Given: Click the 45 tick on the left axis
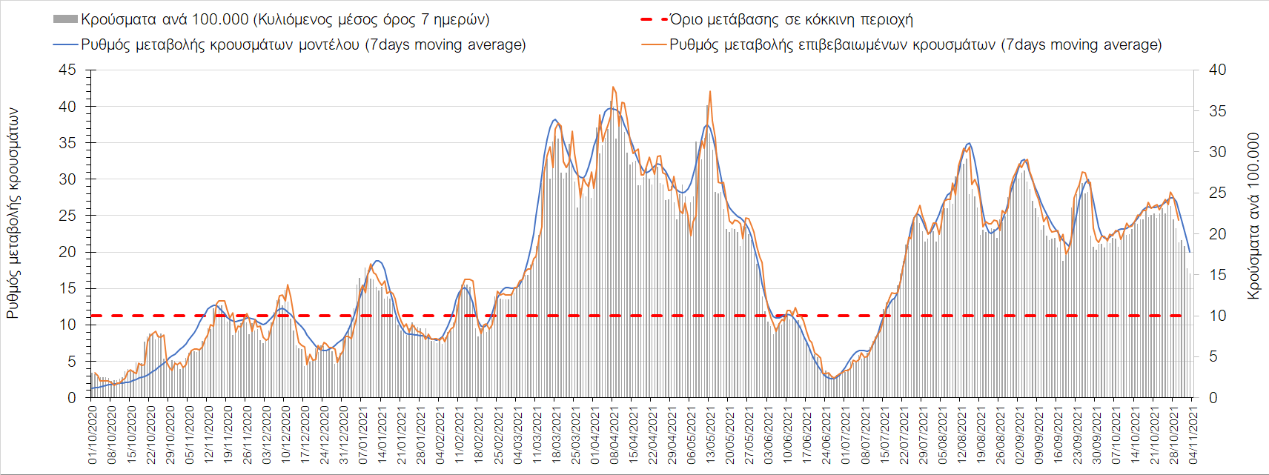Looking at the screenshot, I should click(x=67, y=70).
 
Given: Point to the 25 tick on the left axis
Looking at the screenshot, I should click(x=67, y=216).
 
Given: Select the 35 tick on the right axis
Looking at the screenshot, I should click(x=1217, y=111).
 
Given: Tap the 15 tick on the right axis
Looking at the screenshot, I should click(x=1217, y=275).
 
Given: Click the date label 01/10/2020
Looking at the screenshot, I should click(x=93, y=434).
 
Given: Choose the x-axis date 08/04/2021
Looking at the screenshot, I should click(x=614, y=434).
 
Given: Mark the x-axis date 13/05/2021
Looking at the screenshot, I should click(x=710, y=434).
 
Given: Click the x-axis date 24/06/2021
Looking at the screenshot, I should click(x=826, y=434).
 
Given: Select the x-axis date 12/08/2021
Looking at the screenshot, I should click(x=961, y=434).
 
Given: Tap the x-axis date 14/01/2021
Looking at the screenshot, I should click(x=382, y=434).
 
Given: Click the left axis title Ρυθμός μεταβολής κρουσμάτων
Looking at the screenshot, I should click(x=13, y=213).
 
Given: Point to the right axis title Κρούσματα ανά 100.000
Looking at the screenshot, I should click(x=1253, y=216).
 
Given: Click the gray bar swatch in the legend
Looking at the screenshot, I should click(x=65, y=19).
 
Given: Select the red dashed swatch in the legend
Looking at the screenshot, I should click(x=653, y=19).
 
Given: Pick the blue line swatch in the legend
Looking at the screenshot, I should click(x=65, y=44).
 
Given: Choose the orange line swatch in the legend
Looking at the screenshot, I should click(x=653, y=44).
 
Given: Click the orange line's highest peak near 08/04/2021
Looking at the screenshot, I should click(x=613, y=87).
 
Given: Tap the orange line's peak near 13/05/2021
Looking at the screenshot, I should click(x=710, y=91).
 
